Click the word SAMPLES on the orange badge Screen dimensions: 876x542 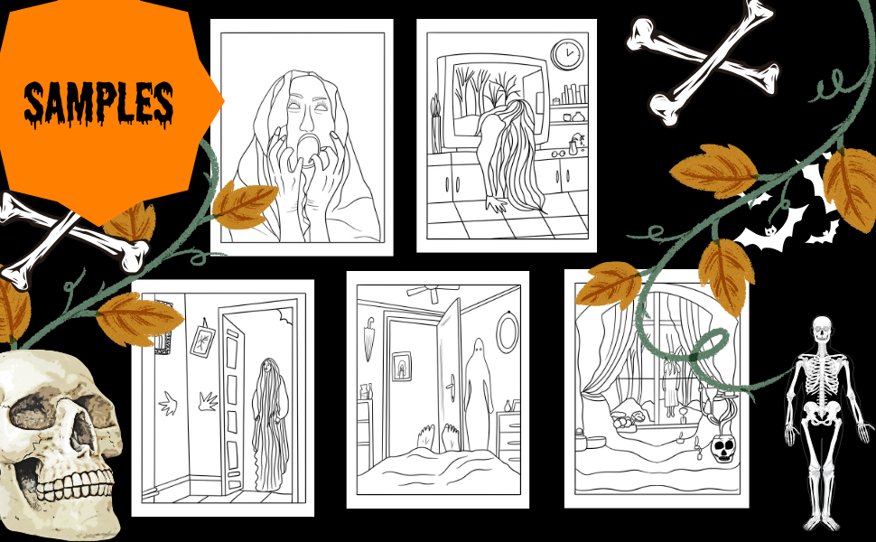(98, 104)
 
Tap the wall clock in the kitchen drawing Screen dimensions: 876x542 (567, 54)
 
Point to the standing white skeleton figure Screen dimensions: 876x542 (825, 423)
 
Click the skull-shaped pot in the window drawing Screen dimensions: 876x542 (723, 449)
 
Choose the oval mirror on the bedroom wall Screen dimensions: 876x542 (508, 332)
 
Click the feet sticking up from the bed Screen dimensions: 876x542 (437, 437)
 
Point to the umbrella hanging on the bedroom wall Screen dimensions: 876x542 (369, 338)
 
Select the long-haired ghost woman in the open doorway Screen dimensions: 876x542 (270, 425)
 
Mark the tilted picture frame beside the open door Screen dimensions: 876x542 (202, 339)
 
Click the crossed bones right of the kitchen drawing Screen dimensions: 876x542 (702, 60)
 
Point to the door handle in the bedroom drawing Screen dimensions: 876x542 (450, 387)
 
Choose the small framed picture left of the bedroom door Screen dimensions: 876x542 (402, 367)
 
